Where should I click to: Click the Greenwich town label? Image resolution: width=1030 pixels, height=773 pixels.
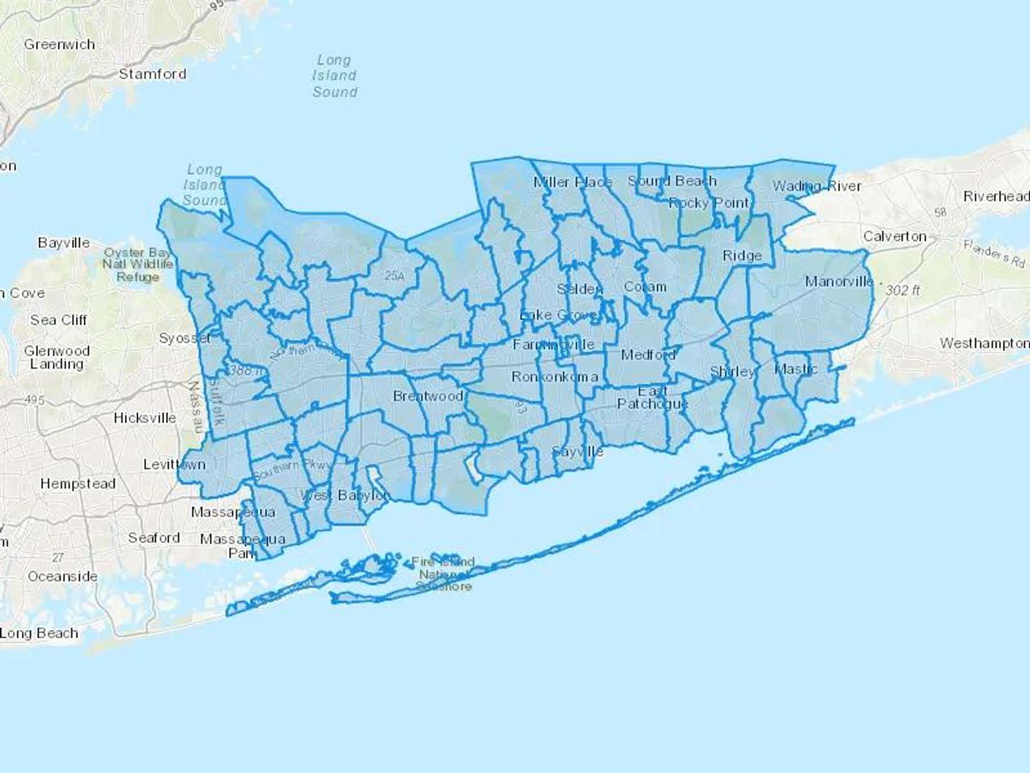coord(60,44)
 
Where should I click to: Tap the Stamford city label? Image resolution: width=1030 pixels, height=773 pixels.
coord(152,74)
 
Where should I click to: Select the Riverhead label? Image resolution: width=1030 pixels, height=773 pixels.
coord(996,196)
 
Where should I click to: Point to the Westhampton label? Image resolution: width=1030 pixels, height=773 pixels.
coord(984,343)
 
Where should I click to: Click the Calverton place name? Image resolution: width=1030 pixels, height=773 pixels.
coord(894,236)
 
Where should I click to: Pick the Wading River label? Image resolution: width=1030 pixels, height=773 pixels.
coord(817,186)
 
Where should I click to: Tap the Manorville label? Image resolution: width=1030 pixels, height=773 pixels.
coord(839,281)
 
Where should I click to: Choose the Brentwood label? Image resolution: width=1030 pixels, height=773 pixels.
coord(428,396)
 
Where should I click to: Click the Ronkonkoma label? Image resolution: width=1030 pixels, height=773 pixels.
coord(554,377)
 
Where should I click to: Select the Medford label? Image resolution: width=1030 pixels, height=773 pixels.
coord(648,355)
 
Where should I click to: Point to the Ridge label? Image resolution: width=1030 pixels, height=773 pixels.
coord(742,255)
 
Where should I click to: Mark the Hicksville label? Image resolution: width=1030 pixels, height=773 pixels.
coord(145,418)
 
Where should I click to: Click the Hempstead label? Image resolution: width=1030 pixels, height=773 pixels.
coord(78,484)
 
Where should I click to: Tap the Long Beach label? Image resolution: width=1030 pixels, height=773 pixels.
coord(39,633)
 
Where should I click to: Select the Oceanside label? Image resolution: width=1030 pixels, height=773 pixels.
coord(62,576)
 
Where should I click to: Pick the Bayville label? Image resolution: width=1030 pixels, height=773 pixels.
coord(64,243)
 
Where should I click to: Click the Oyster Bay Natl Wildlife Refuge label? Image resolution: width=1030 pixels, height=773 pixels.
coord(137,265)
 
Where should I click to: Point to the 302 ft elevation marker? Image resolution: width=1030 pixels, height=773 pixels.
coord(902,290)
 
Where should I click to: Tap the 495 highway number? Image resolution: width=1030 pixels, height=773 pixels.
coord(34,400)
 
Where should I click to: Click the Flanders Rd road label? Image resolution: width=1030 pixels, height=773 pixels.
coord(994,253)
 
